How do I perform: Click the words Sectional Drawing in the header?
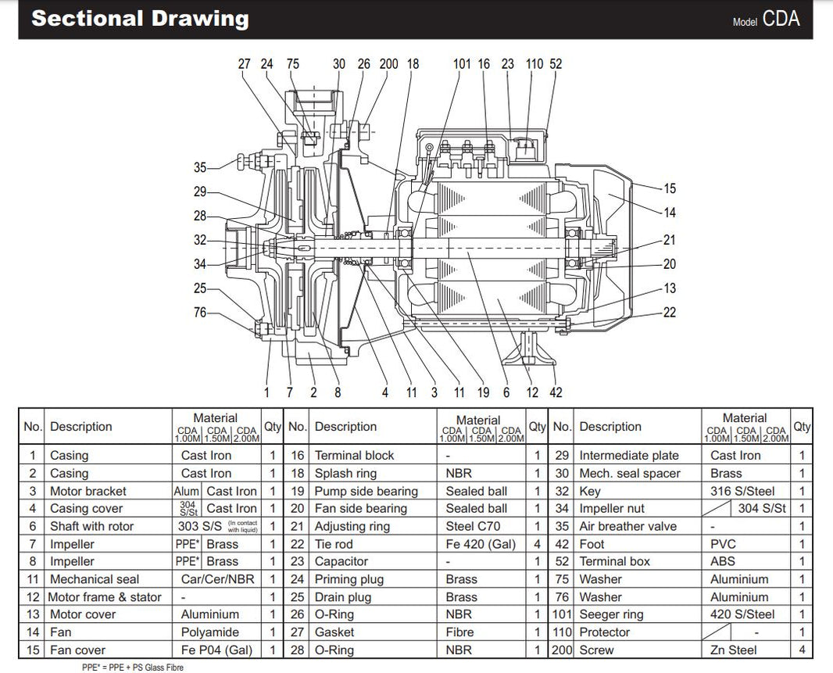point(140,19)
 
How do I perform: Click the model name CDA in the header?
point(781,20)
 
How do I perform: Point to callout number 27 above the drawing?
point(245,64)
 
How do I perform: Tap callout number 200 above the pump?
point(388,64)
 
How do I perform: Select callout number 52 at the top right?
point(556,64)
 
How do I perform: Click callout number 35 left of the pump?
point(201,167)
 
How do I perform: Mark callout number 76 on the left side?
point(201,313)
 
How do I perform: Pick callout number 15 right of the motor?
point(669,188)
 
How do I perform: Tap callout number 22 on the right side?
point(669,313)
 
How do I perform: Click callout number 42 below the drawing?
point(556,392)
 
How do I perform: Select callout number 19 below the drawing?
point(484,392)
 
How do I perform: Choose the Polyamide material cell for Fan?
point(209,632)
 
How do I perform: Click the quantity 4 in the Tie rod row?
point(537,544)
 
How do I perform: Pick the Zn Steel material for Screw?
point(732,650)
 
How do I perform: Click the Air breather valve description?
point(627,526)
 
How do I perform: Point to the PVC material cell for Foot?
point(723,544)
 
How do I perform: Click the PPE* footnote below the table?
point(132,668)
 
